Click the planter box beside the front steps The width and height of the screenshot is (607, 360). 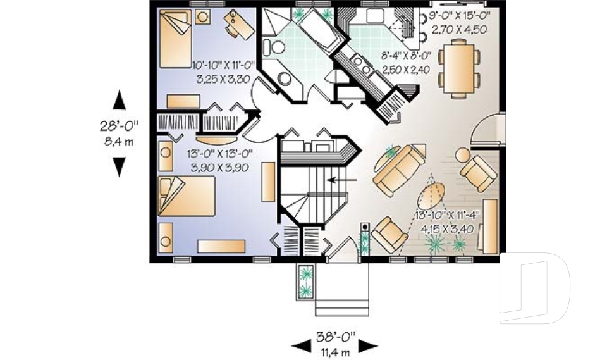(306, 281)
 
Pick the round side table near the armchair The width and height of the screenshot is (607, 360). (463, 155)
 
